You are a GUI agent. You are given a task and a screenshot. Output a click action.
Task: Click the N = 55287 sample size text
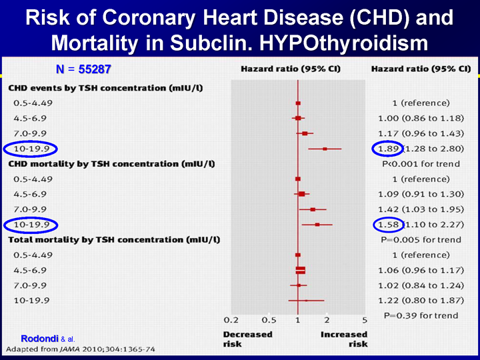pos(83,69)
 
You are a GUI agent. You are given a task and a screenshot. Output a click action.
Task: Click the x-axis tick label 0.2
pos(231,321)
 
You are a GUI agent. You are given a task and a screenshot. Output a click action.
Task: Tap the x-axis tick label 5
pos(365,321)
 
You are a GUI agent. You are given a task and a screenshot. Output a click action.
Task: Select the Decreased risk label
pos(247,339)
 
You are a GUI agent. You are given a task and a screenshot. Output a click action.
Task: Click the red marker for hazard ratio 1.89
pos(325,148)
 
